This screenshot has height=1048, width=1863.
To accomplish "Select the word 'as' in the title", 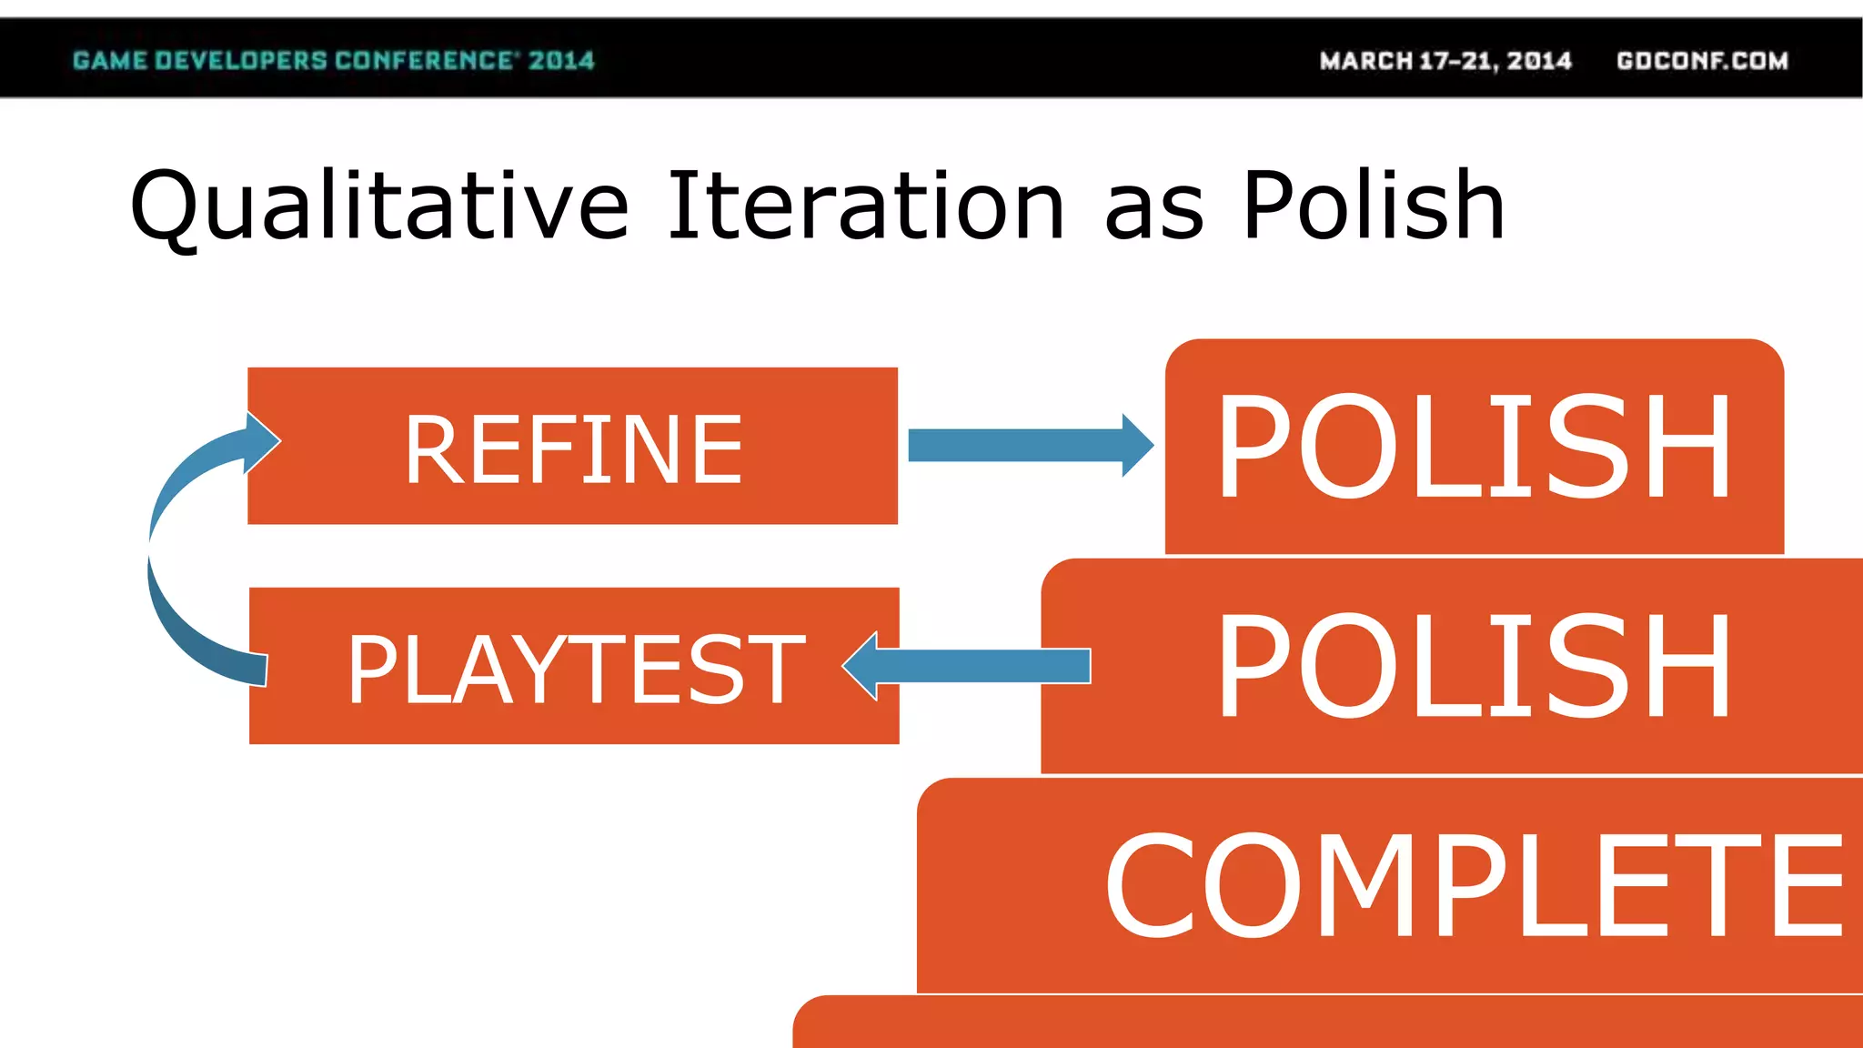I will (x=1153, y=217).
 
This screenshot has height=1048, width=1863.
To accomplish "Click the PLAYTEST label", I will (x=575, y=670).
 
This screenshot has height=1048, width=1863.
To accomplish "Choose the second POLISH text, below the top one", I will (x=1474, y=666).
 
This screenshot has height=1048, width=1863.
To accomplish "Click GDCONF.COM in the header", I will (x=1702, y=61).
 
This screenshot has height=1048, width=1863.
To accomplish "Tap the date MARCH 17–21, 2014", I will (x=1445, y=61).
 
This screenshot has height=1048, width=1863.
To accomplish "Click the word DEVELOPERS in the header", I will (x=240, y=61).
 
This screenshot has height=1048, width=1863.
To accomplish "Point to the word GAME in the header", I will (x=109, y=61).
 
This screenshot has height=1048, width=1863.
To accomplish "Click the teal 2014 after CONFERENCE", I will (x=561, y=61).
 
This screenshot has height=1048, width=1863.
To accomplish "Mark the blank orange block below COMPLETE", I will (x=1328, y=1024).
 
